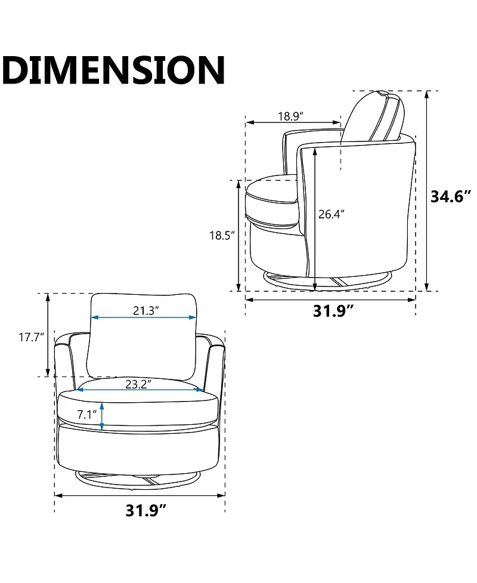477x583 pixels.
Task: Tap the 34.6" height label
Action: point(451,196)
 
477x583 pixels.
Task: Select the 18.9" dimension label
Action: point(291,116)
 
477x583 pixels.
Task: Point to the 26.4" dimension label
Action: point(332,214)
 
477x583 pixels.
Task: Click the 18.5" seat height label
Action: point(222,235)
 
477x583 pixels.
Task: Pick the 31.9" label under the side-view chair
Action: point(333,310)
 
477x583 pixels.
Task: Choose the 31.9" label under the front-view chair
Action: point(145,510)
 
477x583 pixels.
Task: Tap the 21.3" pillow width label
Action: point(146,310)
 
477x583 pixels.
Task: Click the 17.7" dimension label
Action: point(32,338)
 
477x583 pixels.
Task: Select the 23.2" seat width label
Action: point(138,384)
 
